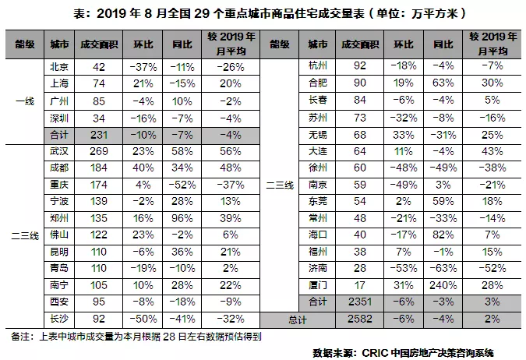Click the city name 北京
(58, 68)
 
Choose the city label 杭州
(317, 68)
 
